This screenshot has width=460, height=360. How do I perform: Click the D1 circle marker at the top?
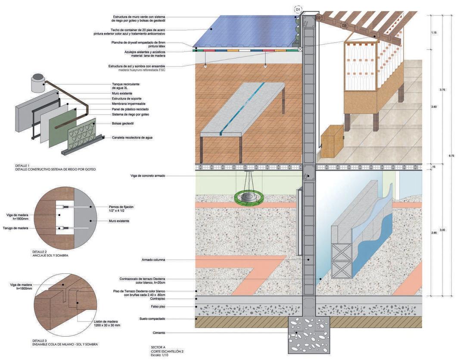(298, 9)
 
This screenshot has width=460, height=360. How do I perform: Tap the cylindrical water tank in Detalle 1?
(38, 83)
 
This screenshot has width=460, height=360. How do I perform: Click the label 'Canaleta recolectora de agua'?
(132, 138)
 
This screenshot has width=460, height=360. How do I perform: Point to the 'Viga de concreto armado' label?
(148, 176)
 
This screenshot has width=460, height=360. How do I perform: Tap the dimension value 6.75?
(450, 155)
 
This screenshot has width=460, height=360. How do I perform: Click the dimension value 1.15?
(433, 33)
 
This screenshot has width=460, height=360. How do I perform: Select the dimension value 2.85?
(433, 232)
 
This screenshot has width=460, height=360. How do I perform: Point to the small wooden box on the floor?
(332, 140)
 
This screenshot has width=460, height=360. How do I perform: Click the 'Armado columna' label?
(153, 260)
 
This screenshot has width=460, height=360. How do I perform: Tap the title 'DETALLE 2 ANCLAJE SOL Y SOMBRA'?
(50, 254)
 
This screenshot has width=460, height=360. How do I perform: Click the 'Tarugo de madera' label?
(16, 228)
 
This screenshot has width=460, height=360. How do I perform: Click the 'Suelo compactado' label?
(153, 319)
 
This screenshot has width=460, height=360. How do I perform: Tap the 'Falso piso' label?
(159, 307)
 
